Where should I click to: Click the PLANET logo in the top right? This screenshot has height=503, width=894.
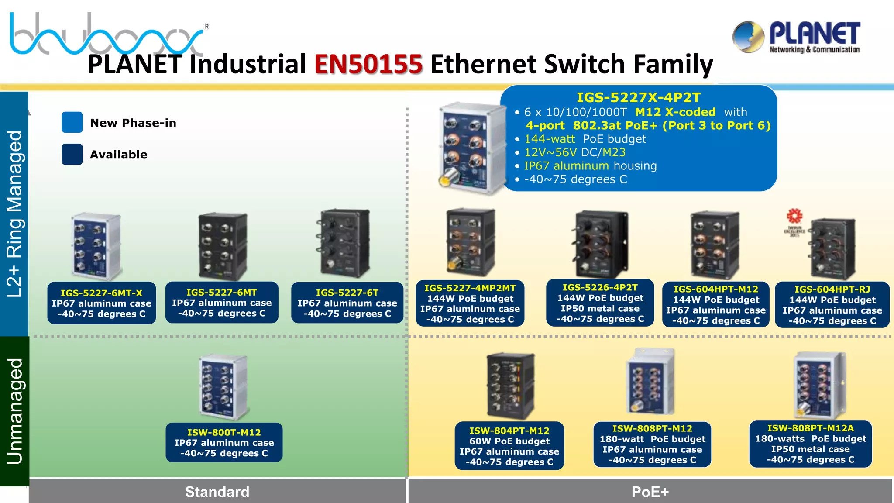[x=796, y=38]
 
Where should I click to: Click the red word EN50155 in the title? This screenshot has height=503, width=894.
[x=368, y=64]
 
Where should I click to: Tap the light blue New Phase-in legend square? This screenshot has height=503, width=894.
[x=72, y=122]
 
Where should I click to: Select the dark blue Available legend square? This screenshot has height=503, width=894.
[x=72, y=154]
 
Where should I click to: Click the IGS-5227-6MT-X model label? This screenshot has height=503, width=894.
[x=101, y=293]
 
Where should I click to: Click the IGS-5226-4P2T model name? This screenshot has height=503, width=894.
[x=600, y=287]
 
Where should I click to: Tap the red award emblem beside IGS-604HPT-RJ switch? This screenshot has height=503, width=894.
[x=794, y=216]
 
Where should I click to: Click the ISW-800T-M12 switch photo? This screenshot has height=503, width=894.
[x=223, y=386]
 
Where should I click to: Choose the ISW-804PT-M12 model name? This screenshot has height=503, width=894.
[x=509, y=431]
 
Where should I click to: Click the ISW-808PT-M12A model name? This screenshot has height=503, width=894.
[x=810, y=428]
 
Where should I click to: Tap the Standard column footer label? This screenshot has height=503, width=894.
[x=217, y=492]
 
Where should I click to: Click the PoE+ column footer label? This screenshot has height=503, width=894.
[x=650, y=492]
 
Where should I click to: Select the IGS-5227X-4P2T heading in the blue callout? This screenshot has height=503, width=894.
[x=638, y=97]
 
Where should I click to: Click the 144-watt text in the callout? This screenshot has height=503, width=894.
[x=550, y=139]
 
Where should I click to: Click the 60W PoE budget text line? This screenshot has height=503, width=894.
[x=509, y=441]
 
